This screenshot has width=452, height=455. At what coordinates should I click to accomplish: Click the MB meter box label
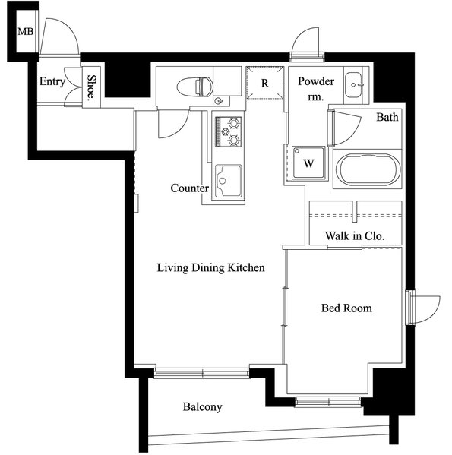(x=26, y=31)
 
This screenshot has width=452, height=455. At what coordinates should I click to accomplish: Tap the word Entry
(x=52, y=81)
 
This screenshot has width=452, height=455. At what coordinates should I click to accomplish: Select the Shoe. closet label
(x=91, y=87)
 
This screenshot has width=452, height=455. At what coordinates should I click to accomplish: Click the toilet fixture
(x=194, y=87)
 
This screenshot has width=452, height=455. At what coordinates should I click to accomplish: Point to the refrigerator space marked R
(x=265, y=83)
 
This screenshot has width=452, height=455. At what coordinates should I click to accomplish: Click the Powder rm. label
(x=316, y=89)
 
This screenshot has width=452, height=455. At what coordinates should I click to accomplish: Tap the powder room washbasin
(x=354, y=85)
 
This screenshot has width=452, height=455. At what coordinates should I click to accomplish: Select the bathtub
(x=368, y=169)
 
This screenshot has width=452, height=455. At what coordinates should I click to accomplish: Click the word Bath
(x=387, y=117)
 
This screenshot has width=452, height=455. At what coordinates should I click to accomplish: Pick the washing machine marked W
(x=308, y=163)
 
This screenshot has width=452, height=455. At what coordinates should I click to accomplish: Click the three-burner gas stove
(x=229, y=131)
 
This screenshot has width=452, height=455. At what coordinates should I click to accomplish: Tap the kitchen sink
(x=229, y=181)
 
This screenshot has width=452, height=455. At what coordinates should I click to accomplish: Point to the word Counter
(x=190, y=188)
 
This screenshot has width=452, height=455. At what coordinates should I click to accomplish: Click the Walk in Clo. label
(x=355, y=236)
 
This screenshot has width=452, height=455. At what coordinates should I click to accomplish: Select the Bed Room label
(x=346, y=308)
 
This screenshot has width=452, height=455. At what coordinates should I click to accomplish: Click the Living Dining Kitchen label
(x=211, y=267)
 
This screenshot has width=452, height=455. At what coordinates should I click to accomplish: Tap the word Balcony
(x=203, y=407)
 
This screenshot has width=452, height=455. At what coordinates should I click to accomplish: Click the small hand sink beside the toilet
(x=219, y=101)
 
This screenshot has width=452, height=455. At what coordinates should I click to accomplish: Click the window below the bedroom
(x=328, y=401)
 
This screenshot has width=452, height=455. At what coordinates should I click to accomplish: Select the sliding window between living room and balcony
(x=201, y=373)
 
